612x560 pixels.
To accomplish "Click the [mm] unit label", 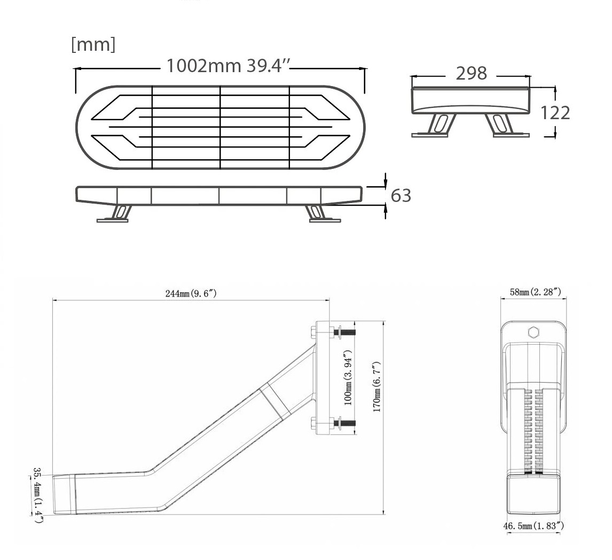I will (93, 45).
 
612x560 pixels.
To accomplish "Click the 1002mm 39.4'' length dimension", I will (228, 66).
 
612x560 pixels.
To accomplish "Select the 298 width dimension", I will (471, 73).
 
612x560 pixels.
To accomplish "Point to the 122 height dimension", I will (555, 113).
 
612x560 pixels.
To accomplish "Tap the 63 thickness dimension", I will (401, 196).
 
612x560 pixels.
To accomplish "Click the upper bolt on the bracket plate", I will (343, 332).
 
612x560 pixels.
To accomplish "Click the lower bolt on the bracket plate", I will (343, 423).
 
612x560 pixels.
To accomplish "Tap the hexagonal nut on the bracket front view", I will (533, 332).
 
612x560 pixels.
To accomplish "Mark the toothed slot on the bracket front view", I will (533, 430).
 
